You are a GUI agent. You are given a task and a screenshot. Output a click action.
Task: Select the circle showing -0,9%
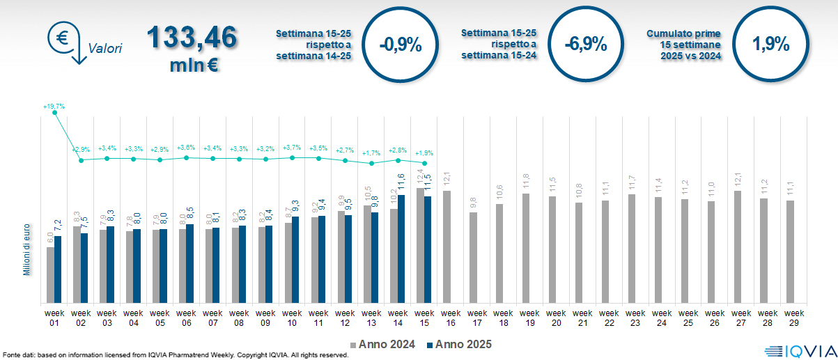401,45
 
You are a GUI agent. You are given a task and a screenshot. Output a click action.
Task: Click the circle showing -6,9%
585,45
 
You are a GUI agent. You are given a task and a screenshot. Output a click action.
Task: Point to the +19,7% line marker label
54,107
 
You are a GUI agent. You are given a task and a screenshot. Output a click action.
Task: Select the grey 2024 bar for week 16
447,246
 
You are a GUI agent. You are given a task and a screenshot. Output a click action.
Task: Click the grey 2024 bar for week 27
738,246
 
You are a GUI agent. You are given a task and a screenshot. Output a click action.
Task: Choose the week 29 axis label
791,317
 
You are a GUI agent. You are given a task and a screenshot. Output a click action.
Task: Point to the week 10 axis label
292,317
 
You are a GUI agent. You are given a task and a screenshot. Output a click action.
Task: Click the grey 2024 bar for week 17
473,258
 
